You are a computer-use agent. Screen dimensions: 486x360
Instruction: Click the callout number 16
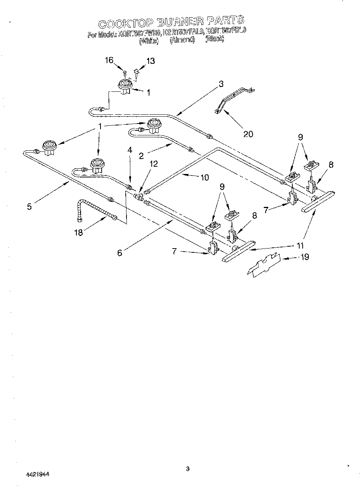coord(109,60)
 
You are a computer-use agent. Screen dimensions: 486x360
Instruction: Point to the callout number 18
coord(78,232)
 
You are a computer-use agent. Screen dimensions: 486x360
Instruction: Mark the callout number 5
coord(29,206)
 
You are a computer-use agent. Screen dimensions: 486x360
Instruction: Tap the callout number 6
coord(120,253)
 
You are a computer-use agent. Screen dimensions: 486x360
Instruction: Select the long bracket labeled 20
coord(233,100)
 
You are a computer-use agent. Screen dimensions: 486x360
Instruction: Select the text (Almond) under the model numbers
coord(182,40)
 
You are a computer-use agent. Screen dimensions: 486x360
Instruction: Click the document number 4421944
coord(37,474)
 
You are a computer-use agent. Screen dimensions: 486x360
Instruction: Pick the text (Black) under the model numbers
coord(214,39)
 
